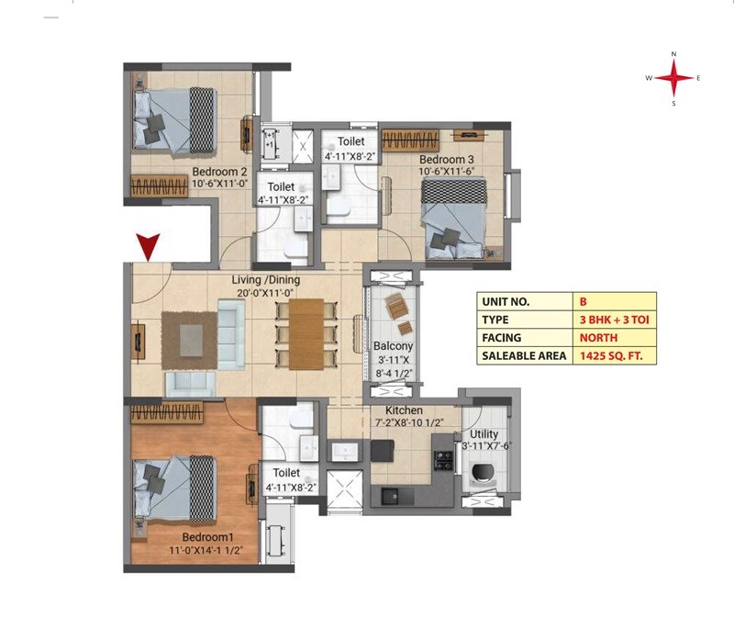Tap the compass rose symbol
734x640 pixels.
tap(673, 79)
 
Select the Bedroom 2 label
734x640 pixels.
tap(219, 171)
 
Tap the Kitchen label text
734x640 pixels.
tap(404, 410)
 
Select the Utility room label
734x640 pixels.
tap(484, 433)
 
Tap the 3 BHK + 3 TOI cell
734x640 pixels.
tap(612, 319)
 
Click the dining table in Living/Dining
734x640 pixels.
tap(306, 333)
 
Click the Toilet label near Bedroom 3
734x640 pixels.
tap(350, 141)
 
